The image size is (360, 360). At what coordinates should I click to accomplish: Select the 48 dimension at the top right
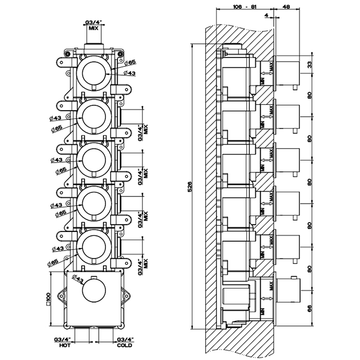pos(286,8)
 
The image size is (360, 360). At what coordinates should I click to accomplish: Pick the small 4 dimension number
pos(265,16)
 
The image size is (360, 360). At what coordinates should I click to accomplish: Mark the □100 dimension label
pos(48,297)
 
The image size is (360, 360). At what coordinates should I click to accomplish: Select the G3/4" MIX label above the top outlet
pos(93,26)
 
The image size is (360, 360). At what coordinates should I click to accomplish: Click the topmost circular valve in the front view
pos(93,71)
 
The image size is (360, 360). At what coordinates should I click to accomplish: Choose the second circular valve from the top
pos(93,117)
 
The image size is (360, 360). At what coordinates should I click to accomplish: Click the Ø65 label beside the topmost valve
pos(131,62)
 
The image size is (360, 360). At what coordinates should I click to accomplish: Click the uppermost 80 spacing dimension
pos(310,96)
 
